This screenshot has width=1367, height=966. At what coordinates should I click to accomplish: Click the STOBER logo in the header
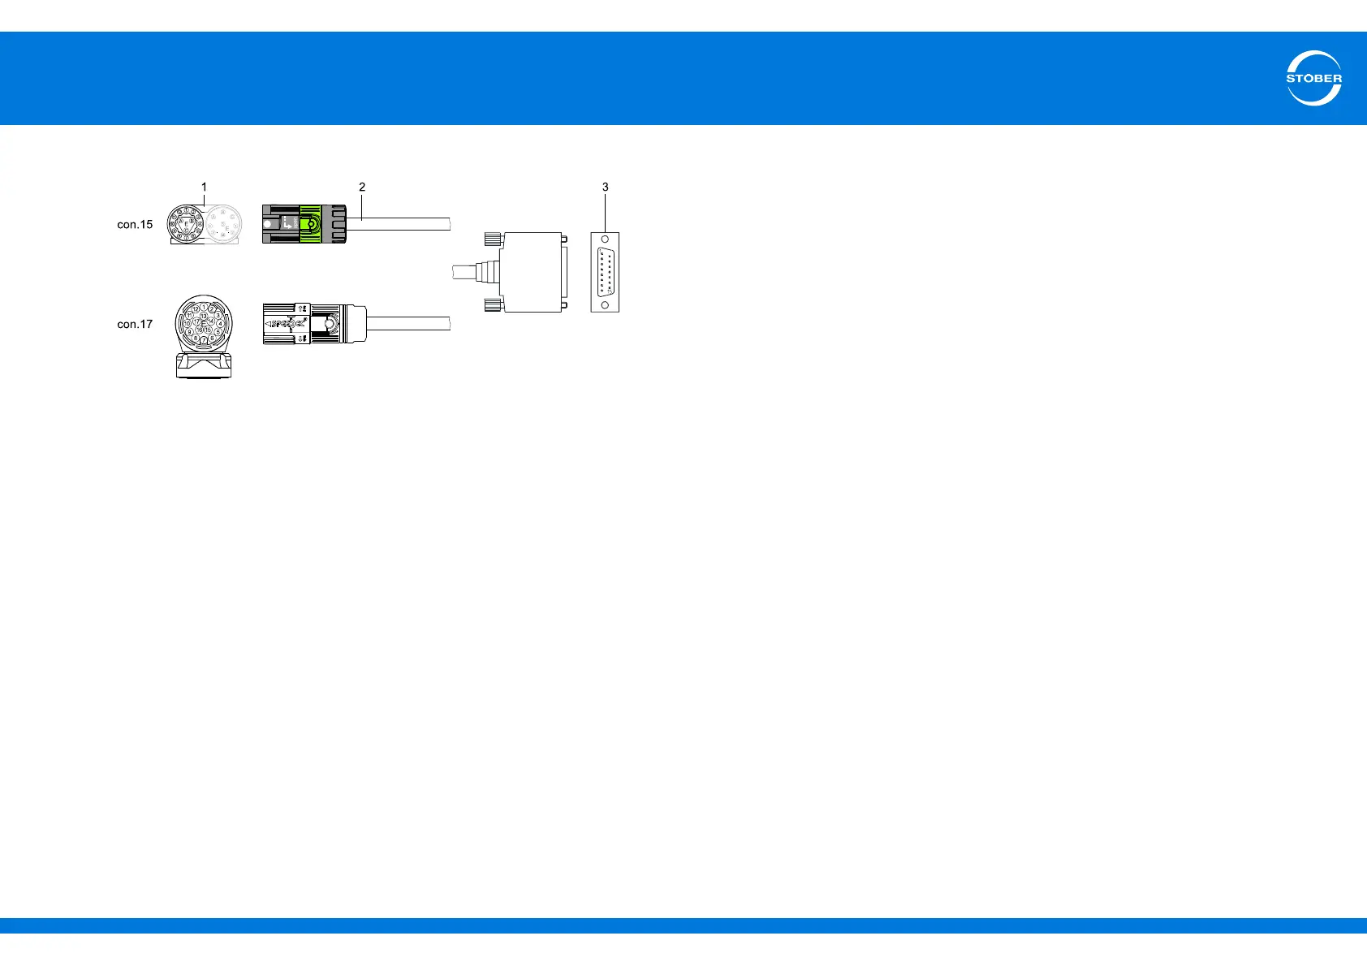[1313, 79]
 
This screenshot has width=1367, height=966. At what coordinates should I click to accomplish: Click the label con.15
[135, 225]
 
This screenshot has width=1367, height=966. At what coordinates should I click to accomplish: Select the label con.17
[135, 324]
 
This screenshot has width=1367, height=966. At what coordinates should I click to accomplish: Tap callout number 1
[205, 187]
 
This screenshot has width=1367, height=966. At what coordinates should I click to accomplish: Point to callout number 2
[362, 187]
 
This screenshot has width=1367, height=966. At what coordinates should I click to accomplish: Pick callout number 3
[605, 187]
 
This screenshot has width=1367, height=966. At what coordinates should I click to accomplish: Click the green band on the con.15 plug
[309, 225]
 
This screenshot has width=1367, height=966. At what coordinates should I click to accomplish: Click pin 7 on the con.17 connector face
[204, 339]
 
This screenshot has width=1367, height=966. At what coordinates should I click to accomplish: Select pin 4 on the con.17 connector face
[220, 323]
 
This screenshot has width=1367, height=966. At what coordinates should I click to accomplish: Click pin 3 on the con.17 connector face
[218, 315]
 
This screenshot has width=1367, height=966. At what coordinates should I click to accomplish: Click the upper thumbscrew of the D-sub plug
[491, 239]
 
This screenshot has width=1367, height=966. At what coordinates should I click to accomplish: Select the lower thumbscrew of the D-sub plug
[491, 305]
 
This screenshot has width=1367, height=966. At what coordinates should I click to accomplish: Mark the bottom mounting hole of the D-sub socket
[605, 304]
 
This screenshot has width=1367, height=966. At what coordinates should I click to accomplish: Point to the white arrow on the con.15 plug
[289, 219]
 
